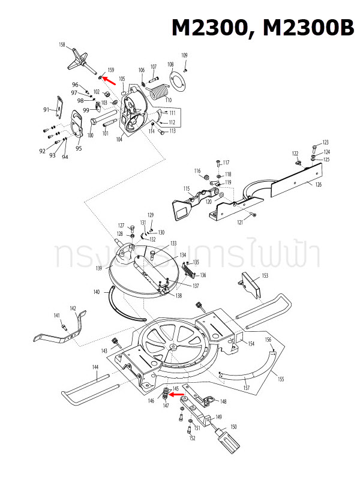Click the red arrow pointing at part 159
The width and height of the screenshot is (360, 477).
click(x=109, y=77)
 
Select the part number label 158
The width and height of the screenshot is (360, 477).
click(x=62, y=46)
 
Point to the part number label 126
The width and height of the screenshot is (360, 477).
click(x=318, y=184)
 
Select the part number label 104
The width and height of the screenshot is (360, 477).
click(x=120, y=139)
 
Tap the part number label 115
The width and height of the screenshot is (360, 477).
click(x=187, y=188)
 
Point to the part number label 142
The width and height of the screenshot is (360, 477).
click(x=73, y=308)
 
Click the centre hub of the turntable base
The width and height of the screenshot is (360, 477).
click(x=173, y=346)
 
